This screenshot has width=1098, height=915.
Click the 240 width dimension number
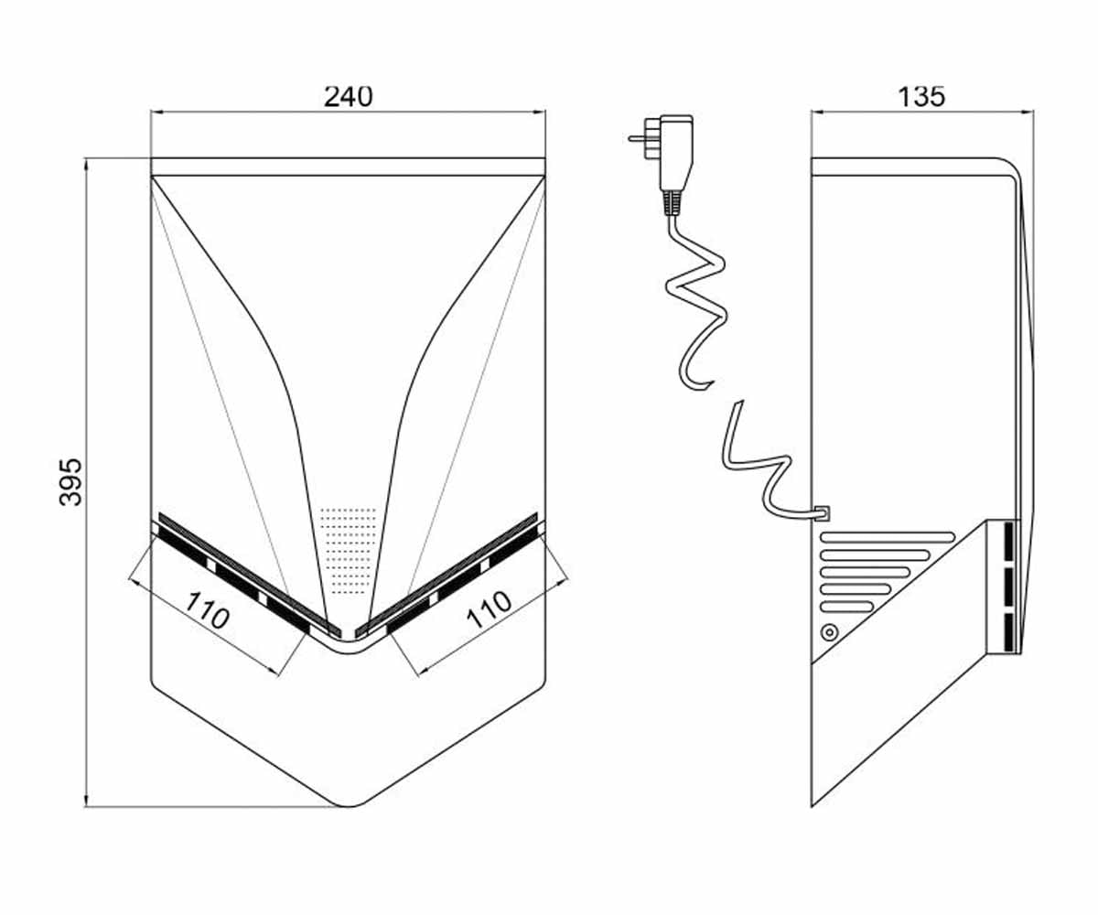tap(348, 96)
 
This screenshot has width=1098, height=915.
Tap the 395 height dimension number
tap(70, 482)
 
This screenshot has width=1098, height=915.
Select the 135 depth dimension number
tap(920, 96)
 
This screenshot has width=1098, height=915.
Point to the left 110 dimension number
tap(208, 610)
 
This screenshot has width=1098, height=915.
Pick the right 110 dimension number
tap(489, 610)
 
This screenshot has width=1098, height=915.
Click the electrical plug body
tap(676, 153)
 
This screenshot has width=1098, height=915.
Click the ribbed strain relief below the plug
tap(673, 203)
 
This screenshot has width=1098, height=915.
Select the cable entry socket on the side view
tap(823, 513)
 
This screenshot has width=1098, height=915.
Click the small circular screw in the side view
tap(829, 632)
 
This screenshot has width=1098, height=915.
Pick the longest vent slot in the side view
tap(888, 537)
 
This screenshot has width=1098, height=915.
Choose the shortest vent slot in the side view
tap(846, 608)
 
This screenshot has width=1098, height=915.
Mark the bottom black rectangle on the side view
tap(1009, 632)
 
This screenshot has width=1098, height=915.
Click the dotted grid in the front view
tap(348, 551)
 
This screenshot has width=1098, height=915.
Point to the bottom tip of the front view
tap(349, 821)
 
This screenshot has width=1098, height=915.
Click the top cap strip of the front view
tap(348, 167)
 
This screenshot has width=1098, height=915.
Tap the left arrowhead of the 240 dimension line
tap(156, 112)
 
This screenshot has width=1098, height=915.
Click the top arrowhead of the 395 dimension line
tap(86, 163)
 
